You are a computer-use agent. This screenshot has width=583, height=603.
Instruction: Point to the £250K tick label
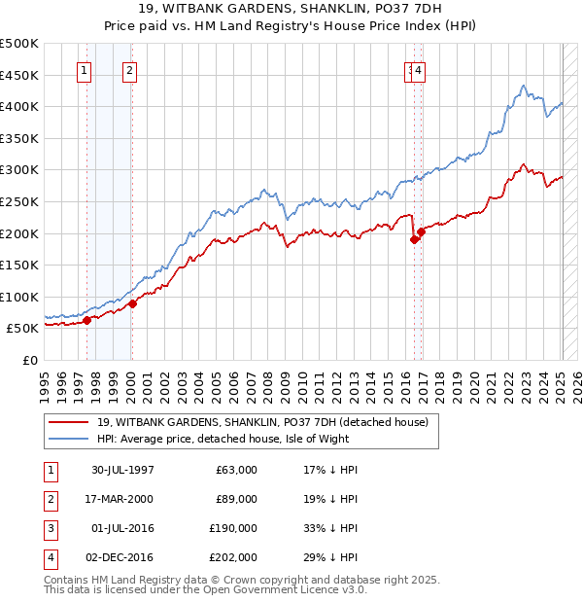coord(19,201)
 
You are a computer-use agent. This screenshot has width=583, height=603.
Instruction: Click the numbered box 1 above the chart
coord(84,70)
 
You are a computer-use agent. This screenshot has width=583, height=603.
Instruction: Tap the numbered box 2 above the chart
coord(130,70)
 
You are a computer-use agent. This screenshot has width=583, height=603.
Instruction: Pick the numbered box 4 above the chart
coord(419,70)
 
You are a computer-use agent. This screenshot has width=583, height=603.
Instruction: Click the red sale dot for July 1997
coord(87,320)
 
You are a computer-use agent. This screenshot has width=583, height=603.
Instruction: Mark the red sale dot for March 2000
coord(133,303)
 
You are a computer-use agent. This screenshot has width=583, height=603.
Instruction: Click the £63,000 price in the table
coord(236,470)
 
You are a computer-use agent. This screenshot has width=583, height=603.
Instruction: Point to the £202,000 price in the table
coord(233,557)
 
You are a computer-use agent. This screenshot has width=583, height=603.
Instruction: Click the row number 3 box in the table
coord(50,528)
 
